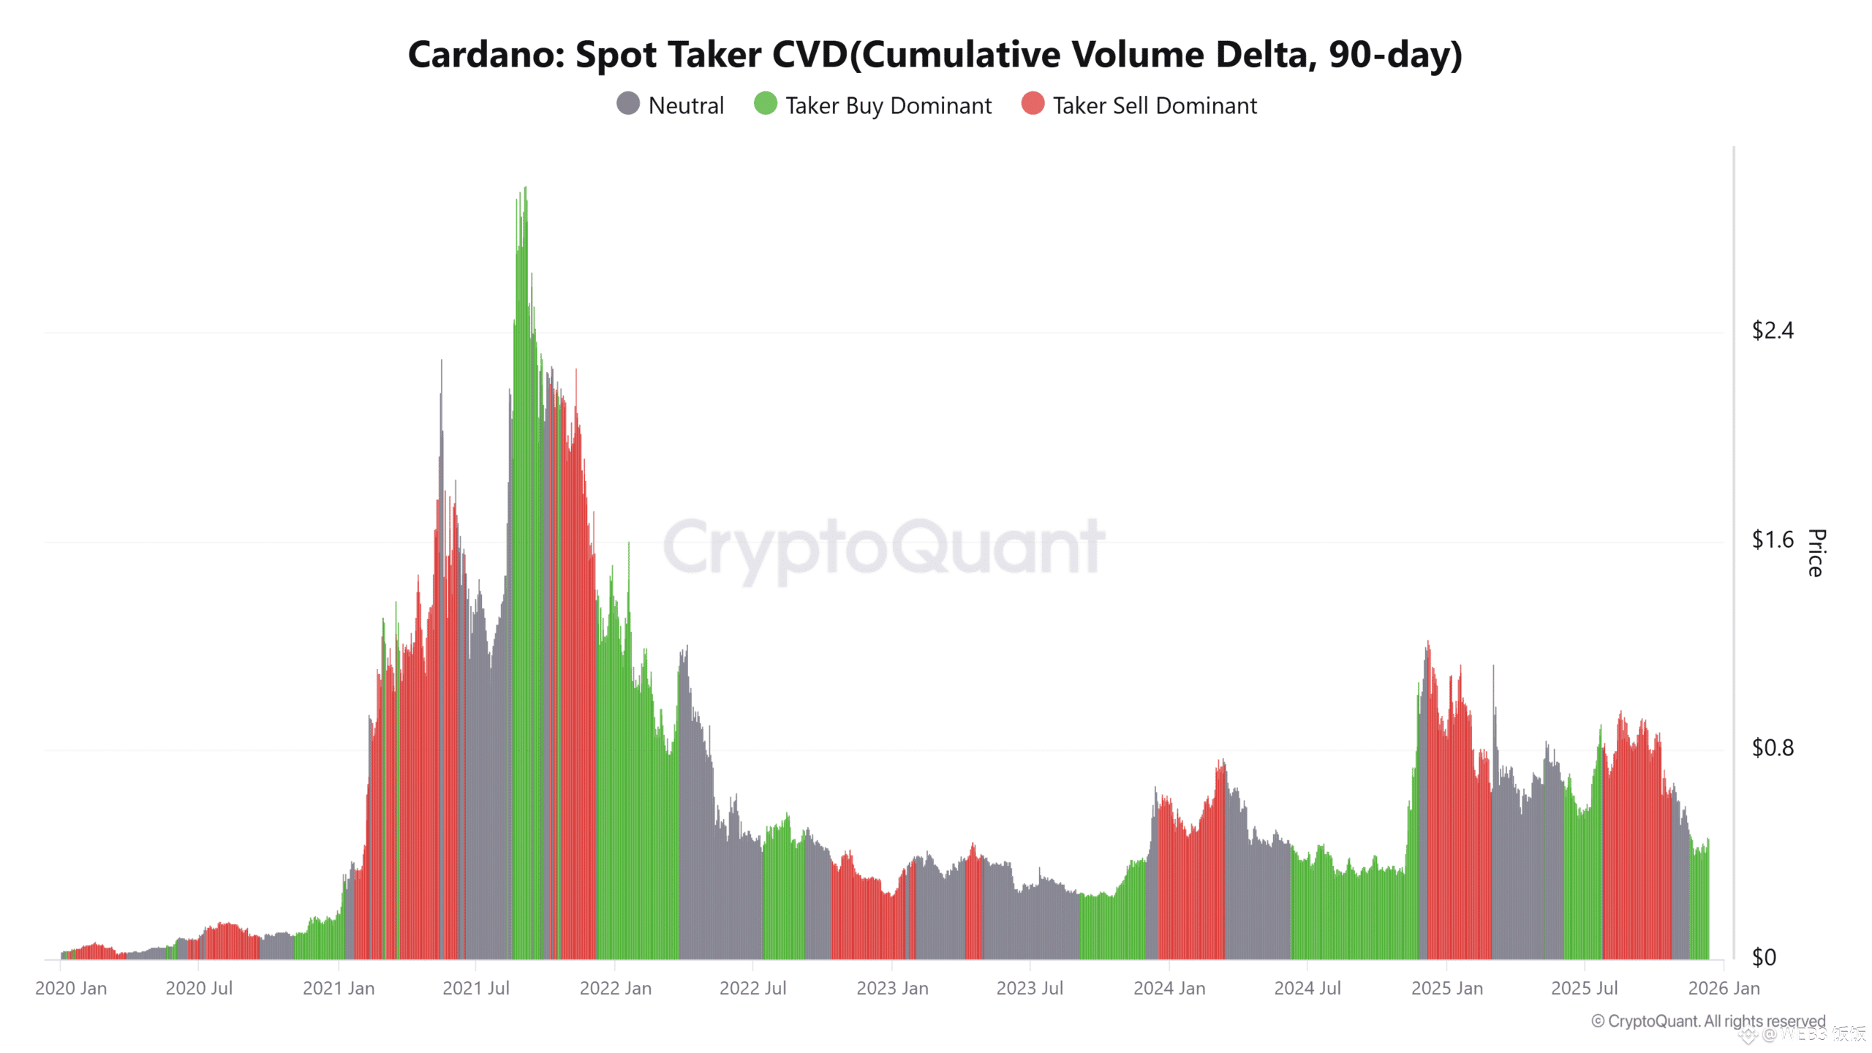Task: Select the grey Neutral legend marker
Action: (628, 104)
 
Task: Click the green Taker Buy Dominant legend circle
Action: (765, 104)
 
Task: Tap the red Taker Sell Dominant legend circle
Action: (1033, 104)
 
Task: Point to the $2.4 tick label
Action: (1772, 331)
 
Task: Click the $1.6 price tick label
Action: (1772, 540)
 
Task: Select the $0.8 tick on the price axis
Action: (1772, 748)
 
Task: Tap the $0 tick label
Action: (1764, 957)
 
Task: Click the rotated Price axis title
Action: (1816, 553)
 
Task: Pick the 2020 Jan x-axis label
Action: (71, 989)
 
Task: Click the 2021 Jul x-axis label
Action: (475, 989)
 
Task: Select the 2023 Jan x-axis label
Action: (892, 989)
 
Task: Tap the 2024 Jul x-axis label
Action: (1307, 989)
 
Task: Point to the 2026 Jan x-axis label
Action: (1724, 989)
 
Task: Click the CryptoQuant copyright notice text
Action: (1708, 1021)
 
